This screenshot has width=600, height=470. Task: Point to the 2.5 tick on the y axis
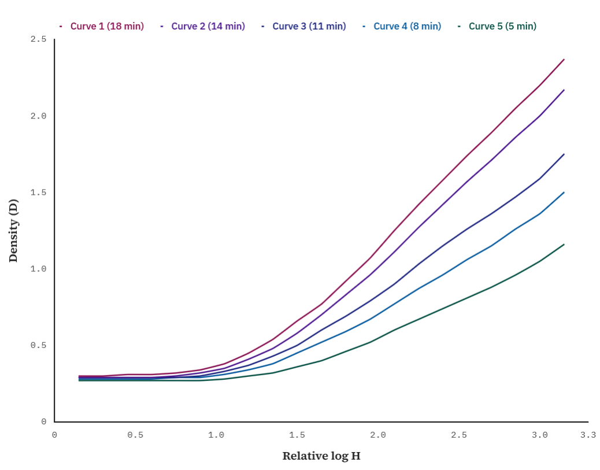pyautogui.click(x=38, y=39)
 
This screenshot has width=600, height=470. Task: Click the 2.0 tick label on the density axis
pyautogui.click(x=38, y=116)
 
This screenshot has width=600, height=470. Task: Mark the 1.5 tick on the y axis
pyautogui.click(x=38, y=193)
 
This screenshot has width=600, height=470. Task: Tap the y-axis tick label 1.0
pyautogui.click(x=38, y=269)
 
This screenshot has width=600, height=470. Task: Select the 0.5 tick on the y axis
pyautogui.click(x=38, y=345)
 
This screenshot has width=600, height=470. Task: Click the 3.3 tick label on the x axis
pyautogui.click(x=588, y=435)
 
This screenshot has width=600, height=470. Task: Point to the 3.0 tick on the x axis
pyautogui.click(x=539, y=435)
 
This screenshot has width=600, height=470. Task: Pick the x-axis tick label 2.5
pyautogui.click(x=459, y=435)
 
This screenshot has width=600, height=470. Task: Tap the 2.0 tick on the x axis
pyautogui.click(x=378, y=435)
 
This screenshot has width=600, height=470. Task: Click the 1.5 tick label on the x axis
pyautogui.click(x=297, y=435)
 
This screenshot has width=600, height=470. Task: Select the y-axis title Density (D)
pyautogui.click(x=13, y=231)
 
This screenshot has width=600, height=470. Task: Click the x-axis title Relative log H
pyautogui.click(x=321, y=456)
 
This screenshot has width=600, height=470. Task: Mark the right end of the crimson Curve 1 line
pyautogui.click(x=564, y=59)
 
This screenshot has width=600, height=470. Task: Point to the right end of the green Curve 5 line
pyautogui.click(x=564, y=244)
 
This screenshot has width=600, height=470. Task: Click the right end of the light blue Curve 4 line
pyautogui.click(x=564, y=192)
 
